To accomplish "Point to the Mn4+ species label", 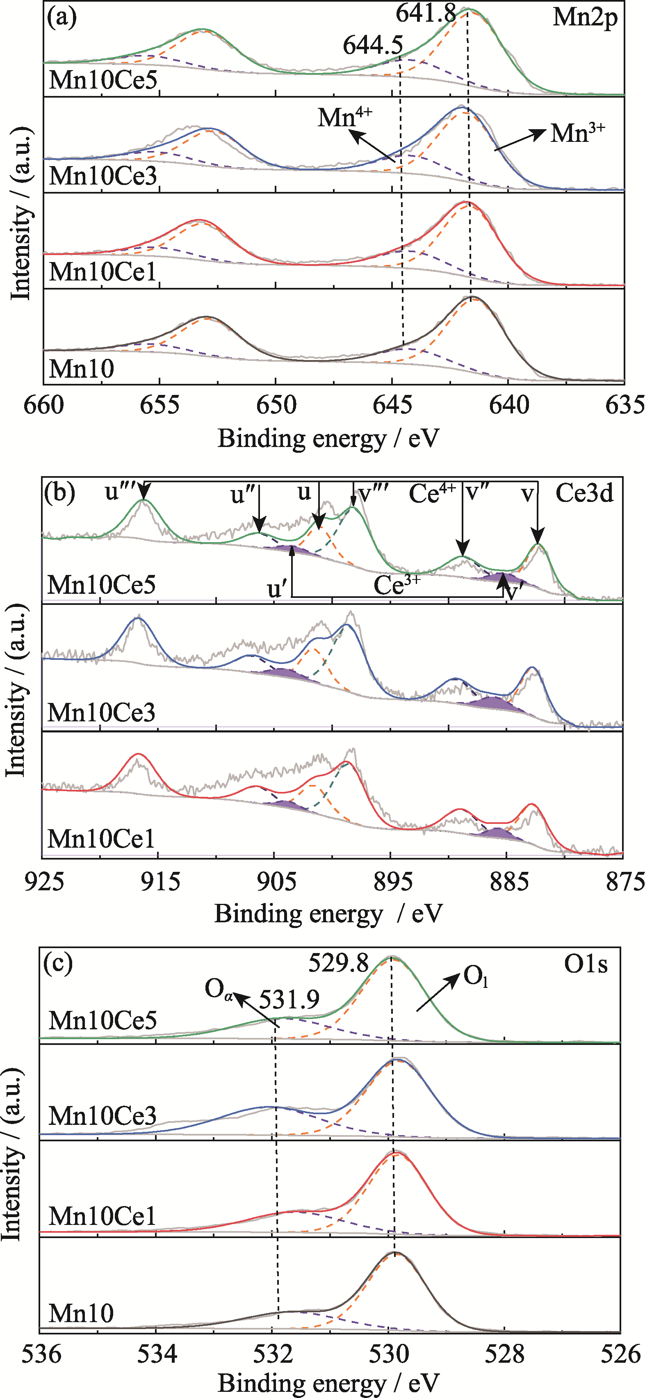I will tap(345, 117).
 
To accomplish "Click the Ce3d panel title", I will tap(584, 493).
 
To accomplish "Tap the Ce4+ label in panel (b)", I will tap(432, 493).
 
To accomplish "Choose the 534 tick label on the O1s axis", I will tap(156, 1355).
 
